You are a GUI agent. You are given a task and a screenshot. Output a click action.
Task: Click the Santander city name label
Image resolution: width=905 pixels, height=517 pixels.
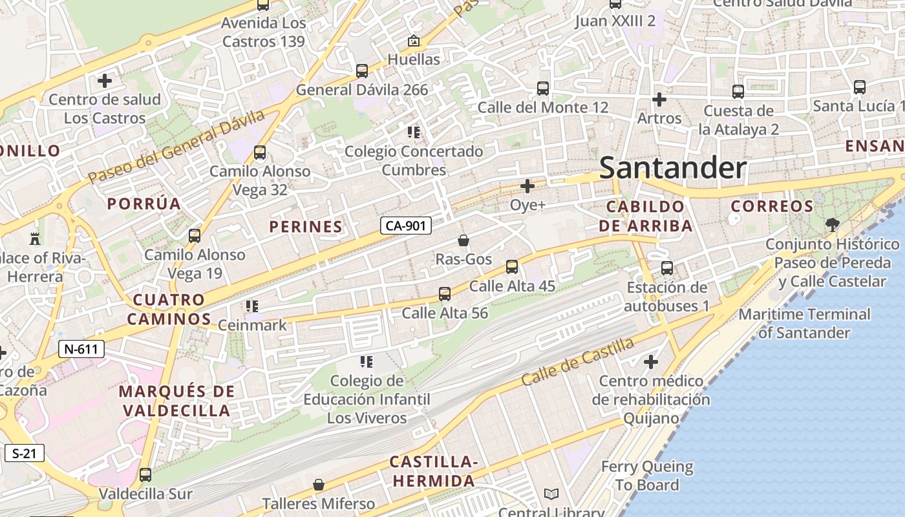(x=673, y=168)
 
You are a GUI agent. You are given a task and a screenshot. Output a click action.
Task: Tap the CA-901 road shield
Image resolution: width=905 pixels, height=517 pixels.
(x=405, y=226)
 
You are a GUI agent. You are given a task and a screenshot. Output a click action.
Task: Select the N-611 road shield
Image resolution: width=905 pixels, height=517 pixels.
(x=81, y=350)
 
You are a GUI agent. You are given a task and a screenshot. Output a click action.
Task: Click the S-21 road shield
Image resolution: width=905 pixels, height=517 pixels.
(x=25, y=453)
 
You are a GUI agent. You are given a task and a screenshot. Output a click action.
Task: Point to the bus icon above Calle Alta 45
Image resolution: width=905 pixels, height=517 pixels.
(x=512, y=266)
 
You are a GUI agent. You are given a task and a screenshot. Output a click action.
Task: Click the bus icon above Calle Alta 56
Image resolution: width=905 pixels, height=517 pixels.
(x=445, y=294)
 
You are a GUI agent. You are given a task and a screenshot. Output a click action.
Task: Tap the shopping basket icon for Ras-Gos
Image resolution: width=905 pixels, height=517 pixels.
(x=463, y=241)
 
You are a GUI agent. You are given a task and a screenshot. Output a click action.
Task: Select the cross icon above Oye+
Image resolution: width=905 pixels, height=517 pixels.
(x=527, y=187)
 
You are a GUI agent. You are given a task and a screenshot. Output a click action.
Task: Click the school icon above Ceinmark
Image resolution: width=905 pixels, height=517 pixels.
(x=252, y=306)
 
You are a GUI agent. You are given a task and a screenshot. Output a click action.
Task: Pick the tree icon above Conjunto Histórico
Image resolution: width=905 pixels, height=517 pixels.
(x=832, y=225)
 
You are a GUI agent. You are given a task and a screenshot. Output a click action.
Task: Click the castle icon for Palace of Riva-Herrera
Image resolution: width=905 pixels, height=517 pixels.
(x=35, y=238)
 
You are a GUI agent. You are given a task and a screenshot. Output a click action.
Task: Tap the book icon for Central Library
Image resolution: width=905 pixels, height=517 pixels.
(x=551, y=494)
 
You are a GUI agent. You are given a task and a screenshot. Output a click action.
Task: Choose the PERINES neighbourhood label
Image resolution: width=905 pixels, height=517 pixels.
(x=306, y=227)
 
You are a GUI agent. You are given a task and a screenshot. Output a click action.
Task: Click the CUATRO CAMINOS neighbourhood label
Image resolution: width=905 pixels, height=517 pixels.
(x=169, y=310)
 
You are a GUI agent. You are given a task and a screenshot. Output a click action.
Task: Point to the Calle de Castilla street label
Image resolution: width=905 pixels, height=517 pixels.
(x=577, y=362)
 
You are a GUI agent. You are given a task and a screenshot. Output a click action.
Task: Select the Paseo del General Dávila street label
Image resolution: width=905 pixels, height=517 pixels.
(x=176, y=146)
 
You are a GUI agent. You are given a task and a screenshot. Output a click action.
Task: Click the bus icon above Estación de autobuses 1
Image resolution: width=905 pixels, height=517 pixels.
(x=667, y=268)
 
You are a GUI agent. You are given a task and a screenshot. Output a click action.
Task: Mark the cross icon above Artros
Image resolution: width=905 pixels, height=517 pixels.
(x=659, y=100)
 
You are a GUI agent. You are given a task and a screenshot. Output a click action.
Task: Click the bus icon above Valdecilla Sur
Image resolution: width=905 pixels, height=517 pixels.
(x=145, y=475)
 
